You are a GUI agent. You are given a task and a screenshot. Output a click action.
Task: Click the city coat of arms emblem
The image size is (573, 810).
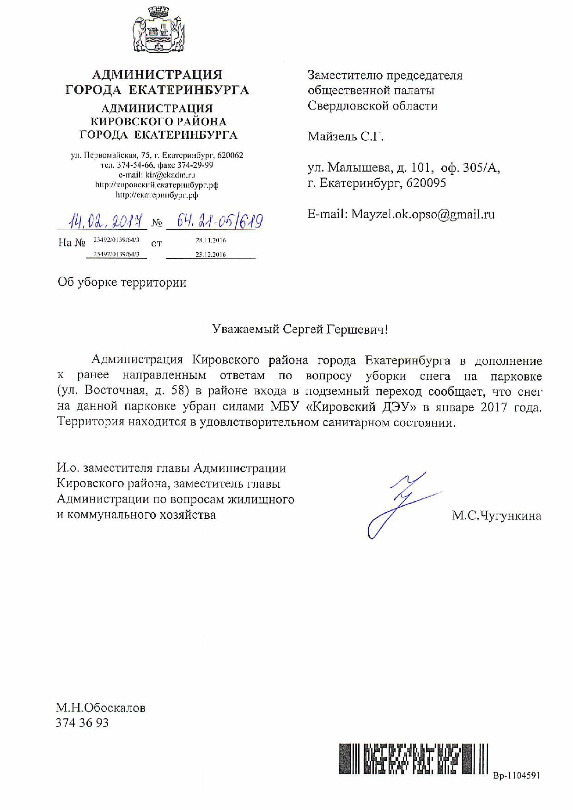pos(157,34)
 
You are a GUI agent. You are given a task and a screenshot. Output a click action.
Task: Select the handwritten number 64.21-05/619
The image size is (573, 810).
pos(214,221)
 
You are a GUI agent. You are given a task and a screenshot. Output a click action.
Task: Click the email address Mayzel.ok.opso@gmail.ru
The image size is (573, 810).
pos(423,214)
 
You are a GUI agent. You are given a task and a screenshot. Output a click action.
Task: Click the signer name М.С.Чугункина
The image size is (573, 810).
pos(496,515)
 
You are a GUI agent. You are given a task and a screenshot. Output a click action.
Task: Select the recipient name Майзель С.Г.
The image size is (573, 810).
pos(346,136)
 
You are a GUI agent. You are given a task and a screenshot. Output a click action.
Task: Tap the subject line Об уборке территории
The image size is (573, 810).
pos(122,282)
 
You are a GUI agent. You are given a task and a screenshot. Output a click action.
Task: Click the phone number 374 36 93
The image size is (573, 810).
pos(82,723)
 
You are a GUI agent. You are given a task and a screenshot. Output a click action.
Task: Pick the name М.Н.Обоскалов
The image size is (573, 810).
pos(101,707)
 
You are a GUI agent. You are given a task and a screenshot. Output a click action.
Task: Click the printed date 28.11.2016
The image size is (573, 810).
pos(210,240)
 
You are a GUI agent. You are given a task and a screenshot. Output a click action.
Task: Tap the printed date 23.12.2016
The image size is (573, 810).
pos(210,254)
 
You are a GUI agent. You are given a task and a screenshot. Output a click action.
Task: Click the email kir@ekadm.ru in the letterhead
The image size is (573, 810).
pos(170,175)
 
